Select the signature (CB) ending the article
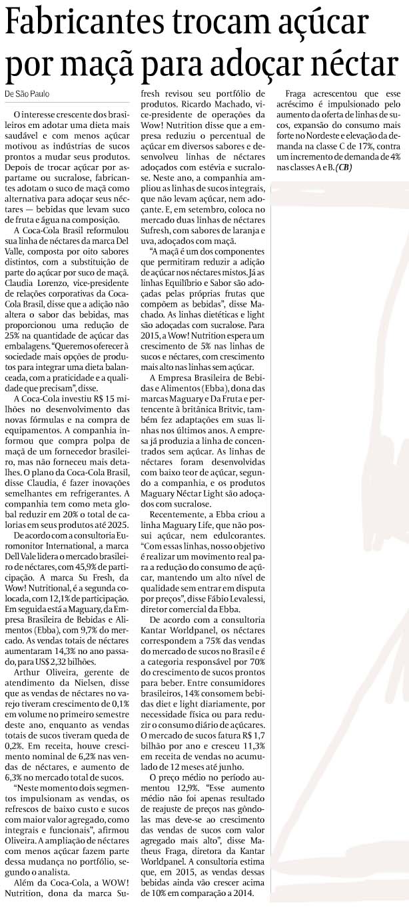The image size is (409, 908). click(x=344, y=167)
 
